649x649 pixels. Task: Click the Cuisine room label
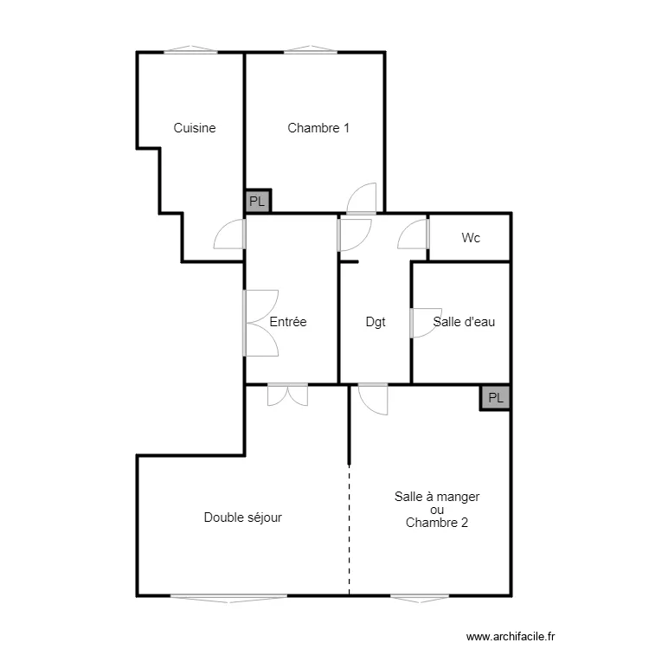coord(194,128)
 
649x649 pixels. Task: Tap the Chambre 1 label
coord(318,128)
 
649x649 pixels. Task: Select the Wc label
coord(471,237)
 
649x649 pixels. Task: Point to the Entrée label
coord(288,322)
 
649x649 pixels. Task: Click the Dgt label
coord(376,322)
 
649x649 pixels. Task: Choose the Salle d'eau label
coord(465,322)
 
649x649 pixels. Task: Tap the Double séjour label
coord(243,517)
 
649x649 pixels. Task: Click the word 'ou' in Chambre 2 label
coord(436,510)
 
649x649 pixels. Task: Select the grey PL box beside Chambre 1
coord(258,202)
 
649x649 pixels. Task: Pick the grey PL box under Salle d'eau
coord(496,397)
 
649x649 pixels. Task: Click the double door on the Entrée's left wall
coord(260,322)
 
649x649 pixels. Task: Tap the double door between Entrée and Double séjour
coord(288,395)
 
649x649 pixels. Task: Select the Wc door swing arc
coord(414,235)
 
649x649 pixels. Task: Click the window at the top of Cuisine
coord(190,51)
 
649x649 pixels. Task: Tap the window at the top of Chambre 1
coord(311,51)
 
